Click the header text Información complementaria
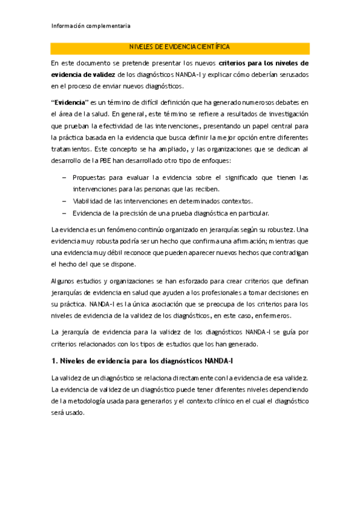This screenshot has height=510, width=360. [91, 26]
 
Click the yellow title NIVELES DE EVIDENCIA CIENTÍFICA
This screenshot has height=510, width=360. [180, 48]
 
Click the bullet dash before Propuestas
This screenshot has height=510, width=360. [64, 178]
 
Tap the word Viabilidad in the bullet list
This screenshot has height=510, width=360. [90, 201]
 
